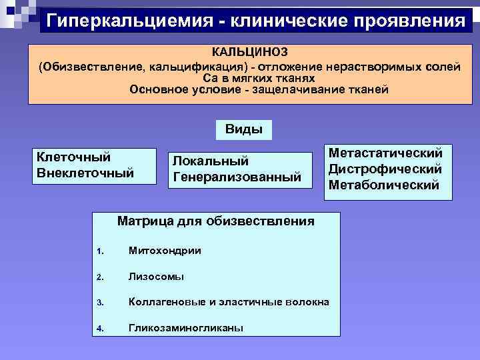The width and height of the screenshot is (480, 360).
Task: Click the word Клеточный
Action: pyautogui.click(x=73, y=157)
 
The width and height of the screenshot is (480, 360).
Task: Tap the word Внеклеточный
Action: pyautogui.click(x=85, y=173)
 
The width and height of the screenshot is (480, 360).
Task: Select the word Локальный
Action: pyautogui.click(x=211, y=161)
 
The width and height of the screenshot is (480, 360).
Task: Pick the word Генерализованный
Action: pyautogui.click(x=237, y=178)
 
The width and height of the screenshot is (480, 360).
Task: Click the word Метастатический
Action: pyautogui.click(x=385, y=153)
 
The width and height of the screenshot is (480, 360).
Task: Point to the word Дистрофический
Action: pyautogui.click(x=385, y=169)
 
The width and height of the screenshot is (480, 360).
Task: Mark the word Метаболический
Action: pyautogui.click(x=384, y=185)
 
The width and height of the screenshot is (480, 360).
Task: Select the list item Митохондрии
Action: pyautogui.click(x=165, y=251)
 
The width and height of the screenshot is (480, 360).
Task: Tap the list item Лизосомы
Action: pyautogui.click(x=157, y=277)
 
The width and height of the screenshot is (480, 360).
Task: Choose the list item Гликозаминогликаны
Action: pyautogui.click(x=186, y=327)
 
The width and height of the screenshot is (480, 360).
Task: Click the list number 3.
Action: pyautogui.click(x=99, y=303)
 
